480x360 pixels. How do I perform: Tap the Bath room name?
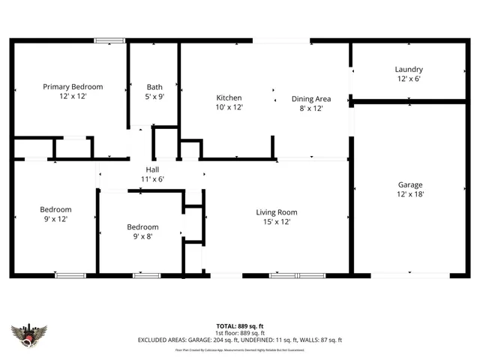(x=154, y=87)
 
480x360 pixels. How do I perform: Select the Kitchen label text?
(x=229, y=98)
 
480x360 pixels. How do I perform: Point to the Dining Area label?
(x=311, y=98)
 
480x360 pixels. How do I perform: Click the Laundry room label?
(x=409, y=70)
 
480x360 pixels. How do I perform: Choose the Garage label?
(x=409, y=184)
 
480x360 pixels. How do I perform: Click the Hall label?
(x=152, y=170)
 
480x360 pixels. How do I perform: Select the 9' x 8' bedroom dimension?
(x=142, y=237)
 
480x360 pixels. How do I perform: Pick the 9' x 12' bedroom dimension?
(x=55, y=219)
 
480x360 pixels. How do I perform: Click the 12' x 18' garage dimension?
(x=409, y=194)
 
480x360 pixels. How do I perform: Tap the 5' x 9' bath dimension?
(x=154, y=97)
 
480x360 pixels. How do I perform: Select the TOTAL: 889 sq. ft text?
(x=239, y=325)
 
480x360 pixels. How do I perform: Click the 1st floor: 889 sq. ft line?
(x=239, y=332)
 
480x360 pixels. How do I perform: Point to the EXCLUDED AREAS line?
(x=239, y=340)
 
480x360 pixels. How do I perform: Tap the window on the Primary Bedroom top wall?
(x=109, y=40)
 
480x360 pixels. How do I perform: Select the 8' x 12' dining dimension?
(x=311, y=108)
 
